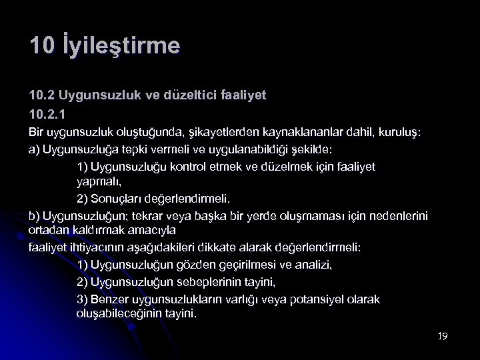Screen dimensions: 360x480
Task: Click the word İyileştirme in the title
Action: [123, 47]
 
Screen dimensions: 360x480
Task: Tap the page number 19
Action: [442, 336]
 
